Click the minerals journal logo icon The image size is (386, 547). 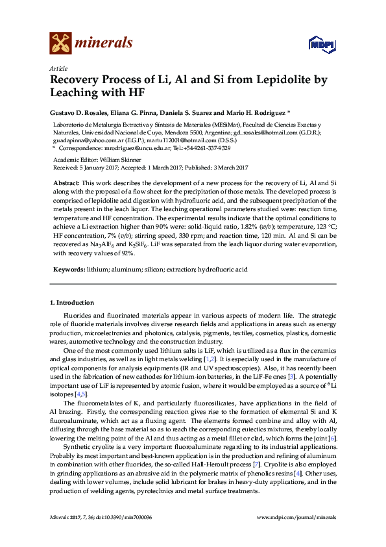click(60, 43)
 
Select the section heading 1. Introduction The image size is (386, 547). click(72, 303)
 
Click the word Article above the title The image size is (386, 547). click(58, 68)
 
